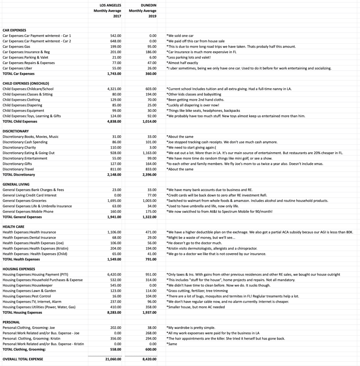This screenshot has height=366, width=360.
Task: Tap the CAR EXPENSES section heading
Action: tap(14, 30)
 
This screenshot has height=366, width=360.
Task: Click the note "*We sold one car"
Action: tap(180, 36)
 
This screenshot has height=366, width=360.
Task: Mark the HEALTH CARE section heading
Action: tap(13, 227)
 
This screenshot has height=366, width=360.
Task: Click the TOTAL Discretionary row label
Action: tap(19, 175)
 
